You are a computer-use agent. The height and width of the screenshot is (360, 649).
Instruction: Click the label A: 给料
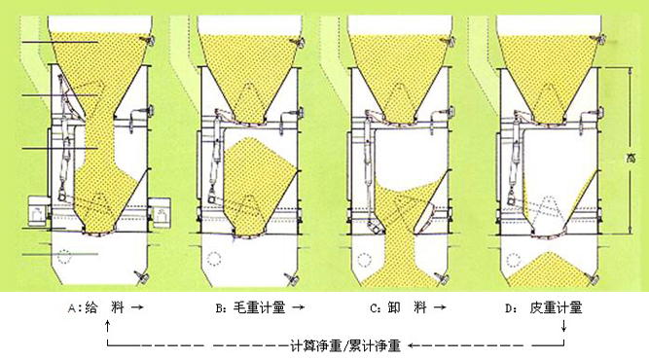96,307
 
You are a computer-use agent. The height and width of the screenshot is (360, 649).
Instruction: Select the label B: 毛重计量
250,307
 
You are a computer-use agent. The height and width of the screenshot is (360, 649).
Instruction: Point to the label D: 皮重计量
544,307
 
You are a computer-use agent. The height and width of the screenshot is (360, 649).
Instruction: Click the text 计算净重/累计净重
345,345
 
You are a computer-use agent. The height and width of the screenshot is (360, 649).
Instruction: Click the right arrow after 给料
137,307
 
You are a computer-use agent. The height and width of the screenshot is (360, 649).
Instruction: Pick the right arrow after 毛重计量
299,307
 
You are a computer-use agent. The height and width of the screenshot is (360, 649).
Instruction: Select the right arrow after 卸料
440,307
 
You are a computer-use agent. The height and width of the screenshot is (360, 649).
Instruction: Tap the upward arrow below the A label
108,325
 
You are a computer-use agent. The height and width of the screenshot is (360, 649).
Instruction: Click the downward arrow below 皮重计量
563,325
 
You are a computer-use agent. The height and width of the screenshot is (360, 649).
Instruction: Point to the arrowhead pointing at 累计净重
411,344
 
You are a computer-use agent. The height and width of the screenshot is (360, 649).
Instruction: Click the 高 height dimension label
631,159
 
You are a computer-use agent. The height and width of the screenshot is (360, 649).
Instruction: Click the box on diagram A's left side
38,212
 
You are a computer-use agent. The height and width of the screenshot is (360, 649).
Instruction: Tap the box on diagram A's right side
160,212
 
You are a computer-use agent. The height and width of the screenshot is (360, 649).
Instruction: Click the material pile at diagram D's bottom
548,271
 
